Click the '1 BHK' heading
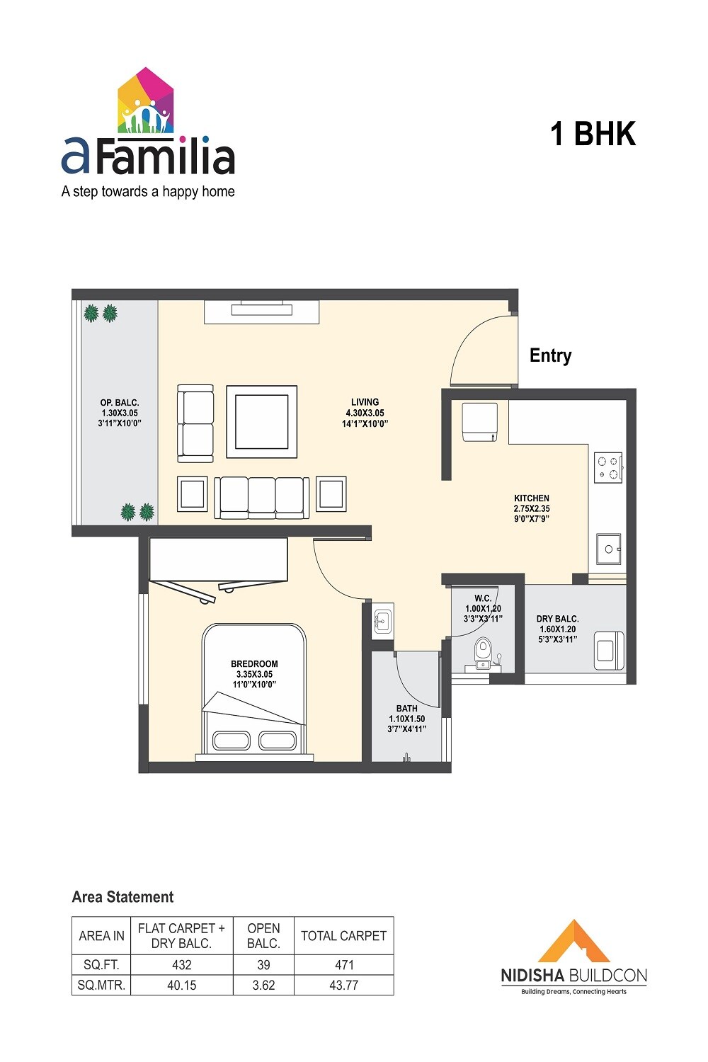[x=593, y=134]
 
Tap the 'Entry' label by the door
[x=550, y=355]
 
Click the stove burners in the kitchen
[x=607, y=467]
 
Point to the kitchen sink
[x=608, y=549]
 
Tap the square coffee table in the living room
[x=261, y=422]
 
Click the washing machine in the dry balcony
[x=609, y=650]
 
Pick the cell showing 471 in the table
[x=343, y=964]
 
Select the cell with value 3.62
[x=263, y=985]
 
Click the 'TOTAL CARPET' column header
[x=343, y=936]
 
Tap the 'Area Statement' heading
[x=122, y=897]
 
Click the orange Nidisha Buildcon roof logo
[x=573, y=942]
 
